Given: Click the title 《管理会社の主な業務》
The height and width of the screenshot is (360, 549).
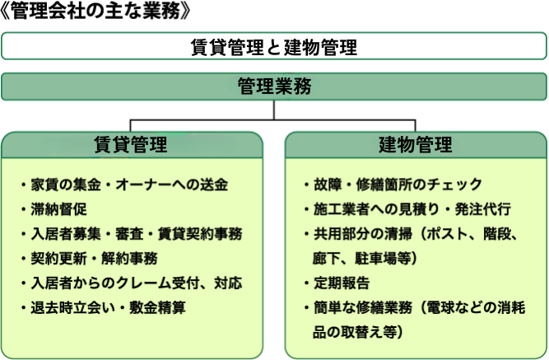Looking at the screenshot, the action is pyautogui.click(x=95, y=12).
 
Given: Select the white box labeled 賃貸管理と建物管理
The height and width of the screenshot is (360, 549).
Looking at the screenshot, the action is pyautogui.click(x=274, y=46).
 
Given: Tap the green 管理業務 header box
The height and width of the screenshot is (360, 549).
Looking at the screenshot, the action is pyautogui.click(x=274, y=86).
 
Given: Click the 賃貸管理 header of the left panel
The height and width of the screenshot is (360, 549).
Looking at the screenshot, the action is pyautogui.click(x=132, y=145).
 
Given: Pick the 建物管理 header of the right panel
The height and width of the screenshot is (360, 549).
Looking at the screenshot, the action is pyautogui.click(x=416, y=145).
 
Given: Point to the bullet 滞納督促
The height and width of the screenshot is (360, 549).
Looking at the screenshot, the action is pyautogui.click(x=58, y=209).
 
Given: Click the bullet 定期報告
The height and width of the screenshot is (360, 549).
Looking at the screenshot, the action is pyautogui.click(x=342, y=283).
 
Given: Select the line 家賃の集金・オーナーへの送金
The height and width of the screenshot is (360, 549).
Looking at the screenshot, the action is pyautogui.click(x=129, y=185).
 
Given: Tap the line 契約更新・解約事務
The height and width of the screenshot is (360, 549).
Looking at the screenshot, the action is pyautogui.click(x=94, y=259).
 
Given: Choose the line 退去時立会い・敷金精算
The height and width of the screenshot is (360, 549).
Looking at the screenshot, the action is pyautogui.click(x=108, y=307).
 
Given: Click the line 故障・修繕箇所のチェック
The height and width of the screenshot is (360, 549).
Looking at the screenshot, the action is pyautogui.click(x=398, y=185).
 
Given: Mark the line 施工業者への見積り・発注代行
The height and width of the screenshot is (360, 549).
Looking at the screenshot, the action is pyautogui.click(x=412, y=209).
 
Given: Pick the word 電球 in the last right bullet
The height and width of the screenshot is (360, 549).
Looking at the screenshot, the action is pyautogui.click(x=441, y=307).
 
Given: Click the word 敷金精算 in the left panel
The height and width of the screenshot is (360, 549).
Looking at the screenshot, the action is pyautogui.click(x=157, y=307).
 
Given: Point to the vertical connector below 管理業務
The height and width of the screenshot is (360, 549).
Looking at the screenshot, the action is pyautogui.click(x=274, y=110).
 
